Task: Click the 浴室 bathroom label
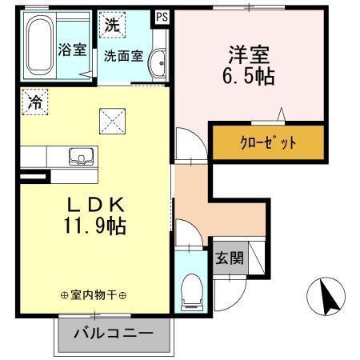pos(72,49)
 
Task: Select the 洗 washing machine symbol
pos(111,25)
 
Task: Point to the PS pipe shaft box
pos(162,16)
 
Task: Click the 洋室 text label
pos(248,56)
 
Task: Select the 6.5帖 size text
pos(248,78)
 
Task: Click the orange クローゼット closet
pos(267,142)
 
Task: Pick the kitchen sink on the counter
pos(80,155)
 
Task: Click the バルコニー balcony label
pos(114,333)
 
